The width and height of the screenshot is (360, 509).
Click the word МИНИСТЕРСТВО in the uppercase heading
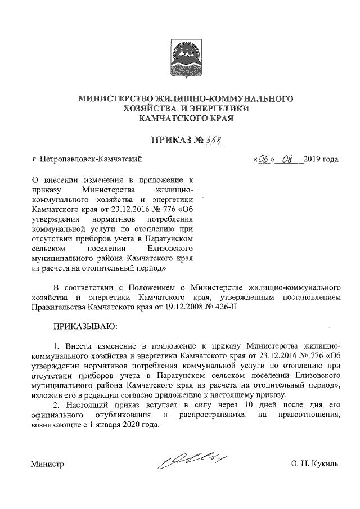pyautogui.click(x=115, y=98)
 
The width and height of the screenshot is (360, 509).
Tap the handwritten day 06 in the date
pyautogui.click(x=263, y=159)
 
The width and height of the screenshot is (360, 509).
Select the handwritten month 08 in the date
pyautogui.click(x=289, y=159)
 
